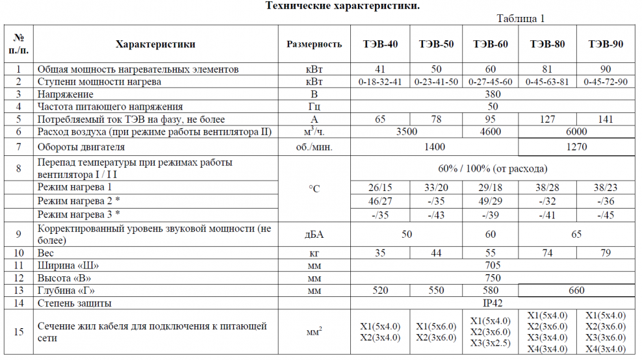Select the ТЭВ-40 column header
tap(380, 44)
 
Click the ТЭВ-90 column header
tap(606, 44)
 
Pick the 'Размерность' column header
tap(314, 44)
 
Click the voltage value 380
tap(492, 94)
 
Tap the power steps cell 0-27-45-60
tap(491, 82)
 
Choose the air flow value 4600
tap(491, 132)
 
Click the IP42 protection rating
tap(492, 303)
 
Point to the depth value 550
tap(436, 290)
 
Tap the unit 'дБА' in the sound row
tap(314, 234)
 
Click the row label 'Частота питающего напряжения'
tap(110, 107)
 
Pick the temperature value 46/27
tap(380, 201)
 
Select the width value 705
tap(492, 265)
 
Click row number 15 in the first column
tap(19, 332)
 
